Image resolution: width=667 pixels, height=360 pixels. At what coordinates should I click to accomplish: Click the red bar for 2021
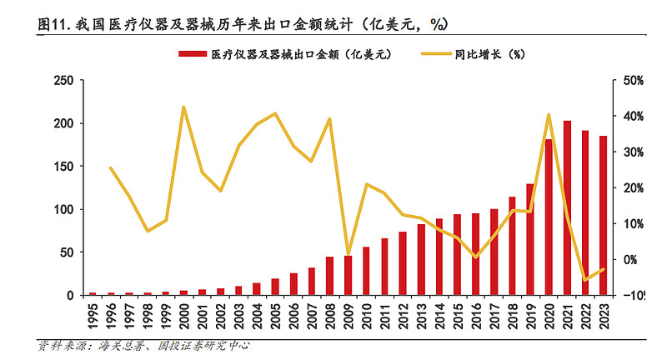coord(567,208)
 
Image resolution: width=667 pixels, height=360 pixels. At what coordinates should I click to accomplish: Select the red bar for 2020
coord(549,217)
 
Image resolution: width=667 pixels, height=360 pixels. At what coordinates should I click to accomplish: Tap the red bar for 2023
coord(604,216)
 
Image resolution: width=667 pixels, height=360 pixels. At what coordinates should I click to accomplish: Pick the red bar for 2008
coord(330,276)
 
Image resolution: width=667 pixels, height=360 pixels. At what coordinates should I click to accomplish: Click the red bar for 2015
coord(457,255)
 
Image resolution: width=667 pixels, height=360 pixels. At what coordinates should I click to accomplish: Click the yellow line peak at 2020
coord(549,115)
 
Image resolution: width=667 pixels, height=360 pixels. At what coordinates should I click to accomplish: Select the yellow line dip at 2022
coord(585,280)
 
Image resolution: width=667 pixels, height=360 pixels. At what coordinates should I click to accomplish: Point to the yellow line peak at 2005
coord(275,113)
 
